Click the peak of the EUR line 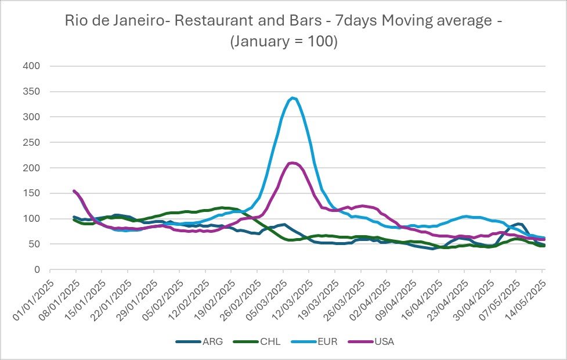(293, 98)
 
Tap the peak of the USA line (292, 163)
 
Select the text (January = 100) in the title (283, 42)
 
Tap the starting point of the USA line (74, 190)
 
